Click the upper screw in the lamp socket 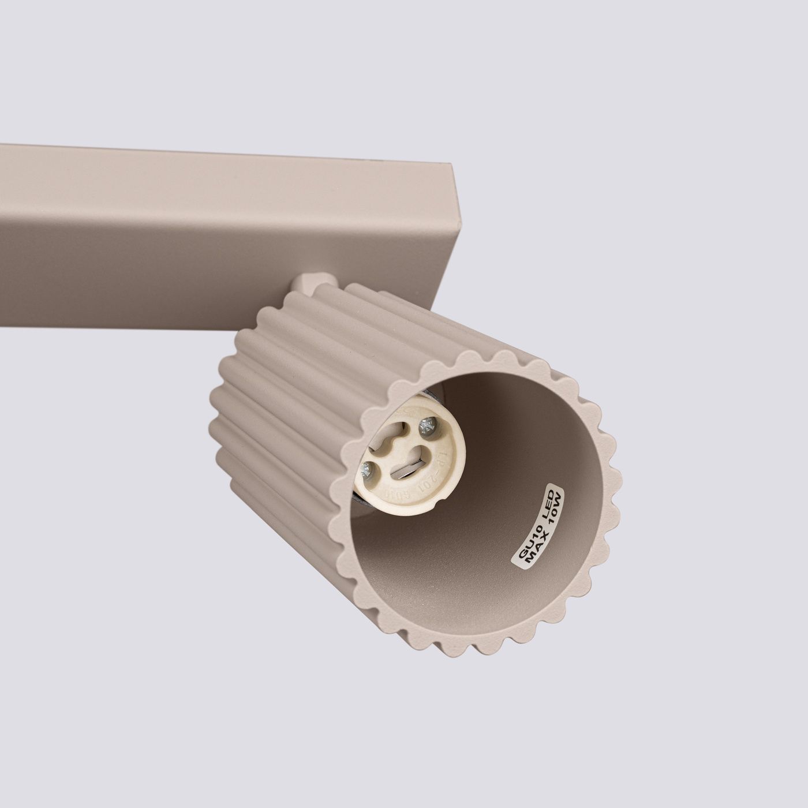pyautogui.click(x=428, y=426)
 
